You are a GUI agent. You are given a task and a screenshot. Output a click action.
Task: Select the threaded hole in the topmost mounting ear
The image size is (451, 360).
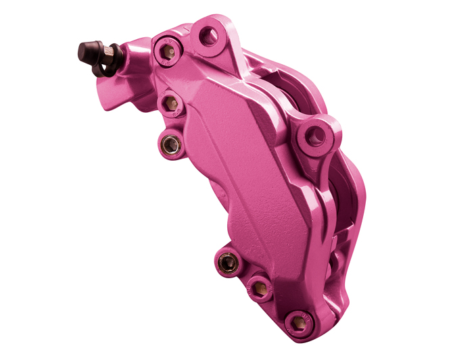pos(210,35)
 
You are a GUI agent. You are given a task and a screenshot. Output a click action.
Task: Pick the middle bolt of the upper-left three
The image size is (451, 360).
pos(171,104)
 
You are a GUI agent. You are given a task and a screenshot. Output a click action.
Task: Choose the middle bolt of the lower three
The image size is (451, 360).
pos(259,288)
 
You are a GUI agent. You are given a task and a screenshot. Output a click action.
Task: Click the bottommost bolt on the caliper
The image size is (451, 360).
pos(295,322)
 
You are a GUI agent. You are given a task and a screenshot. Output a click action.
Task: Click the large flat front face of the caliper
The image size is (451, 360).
pos(243,182)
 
